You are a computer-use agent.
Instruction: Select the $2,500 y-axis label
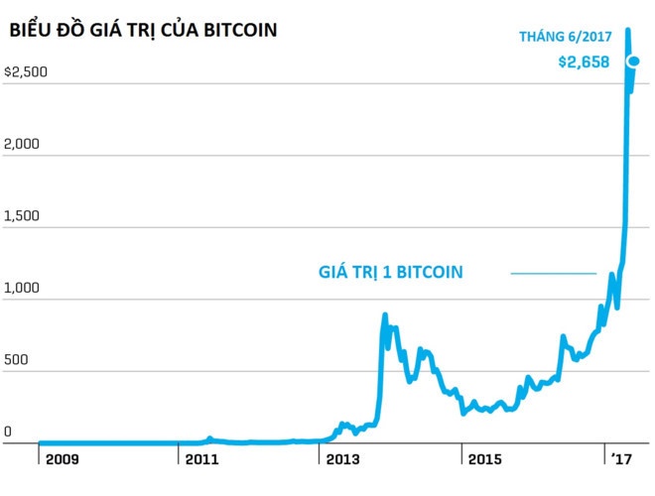[26, 72]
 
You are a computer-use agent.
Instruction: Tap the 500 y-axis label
[18, 361]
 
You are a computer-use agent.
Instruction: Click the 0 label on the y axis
[8, 433]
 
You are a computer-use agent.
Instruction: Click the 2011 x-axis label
[201, 460]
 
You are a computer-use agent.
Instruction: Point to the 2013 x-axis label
[343, 460]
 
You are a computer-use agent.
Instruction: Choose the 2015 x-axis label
[485, 460]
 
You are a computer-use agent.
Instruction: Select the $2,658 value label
[583, 64]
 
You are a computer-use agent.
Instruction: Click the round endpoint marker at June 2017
[633, 62]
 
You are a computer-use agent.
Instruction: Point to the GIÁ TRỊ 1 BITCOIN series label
[390, 272]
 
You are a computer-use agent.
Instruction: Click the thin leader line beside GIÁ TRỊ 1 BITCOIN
[553, 273]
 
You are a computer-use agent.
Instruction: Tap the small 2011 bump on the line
[209, 438]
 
